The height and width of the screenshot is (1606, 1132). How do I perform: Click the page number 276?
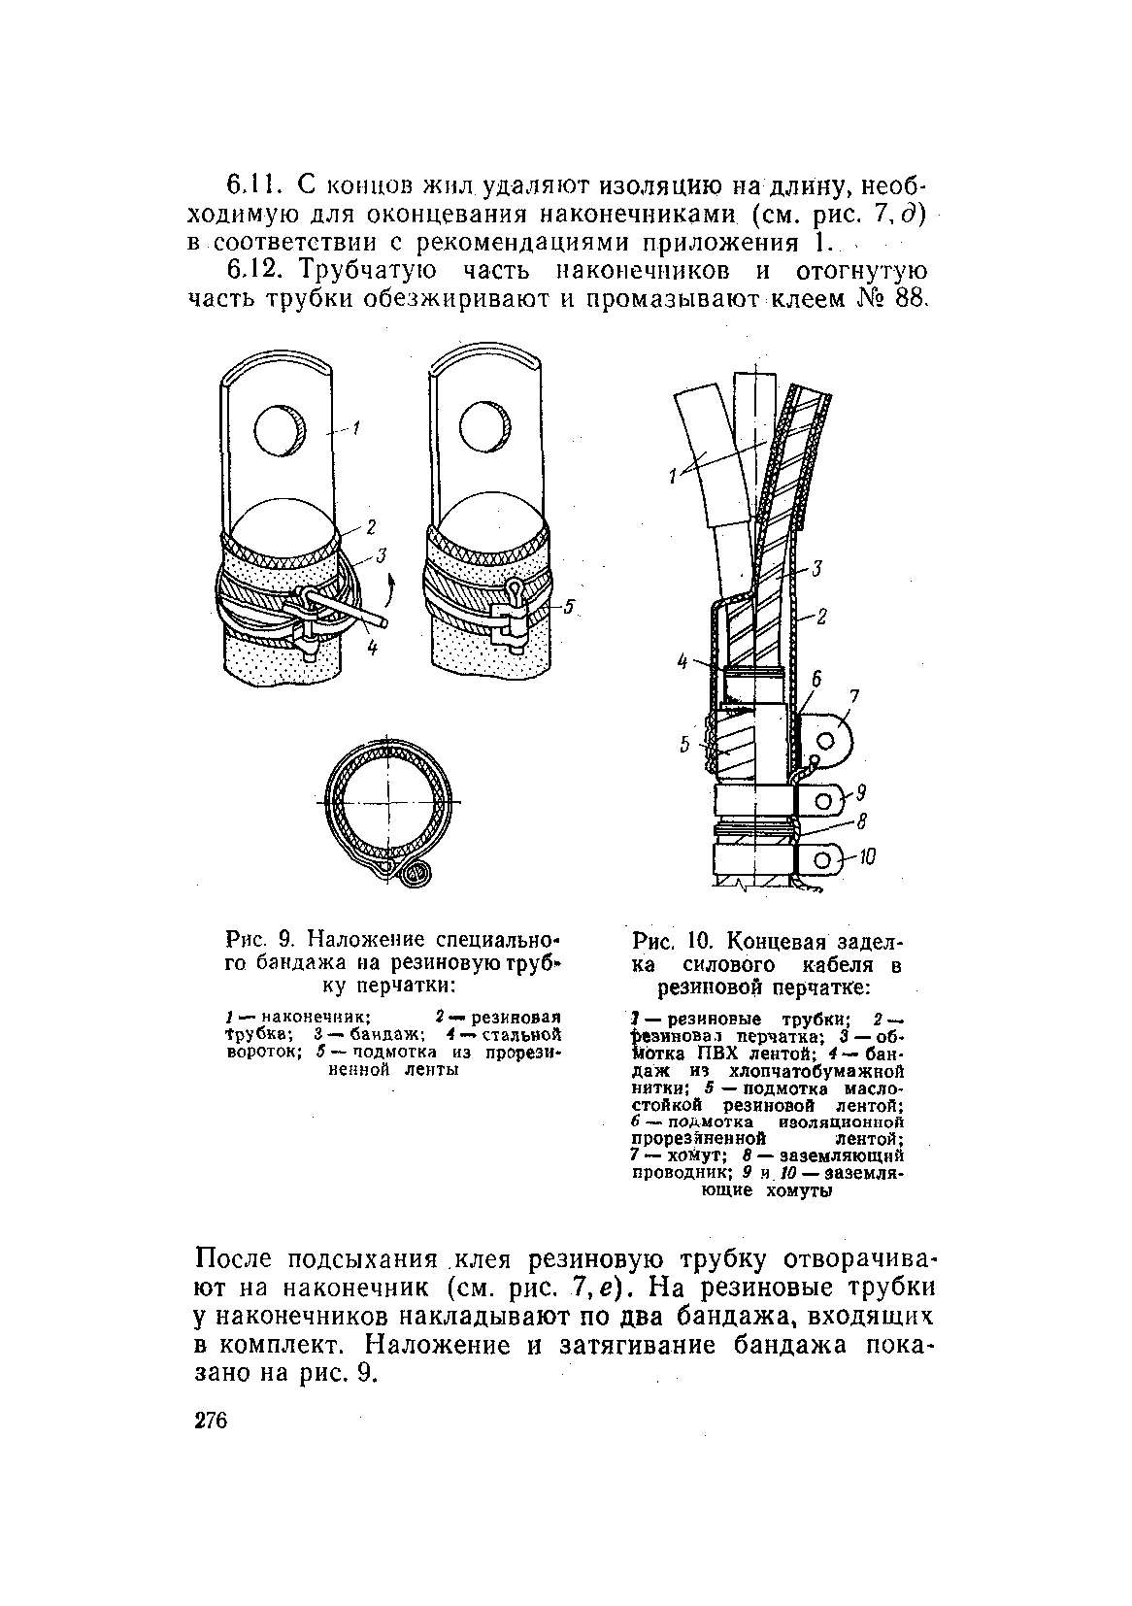coord(210,1422)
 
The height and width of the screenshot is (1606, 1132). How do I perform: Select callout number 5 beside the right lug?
coord(571,608)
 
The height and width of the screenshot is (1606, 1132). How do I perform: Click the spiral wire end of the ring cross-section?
coord(415,874)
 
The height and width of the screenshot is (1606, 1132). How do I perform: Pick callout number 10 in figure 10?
coord(867,856)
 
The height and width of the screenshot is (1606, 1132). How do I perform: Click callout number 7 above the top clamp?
coord(854,696)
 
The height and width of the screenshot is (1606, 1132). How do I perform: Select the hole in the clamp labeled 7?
coord(826,740)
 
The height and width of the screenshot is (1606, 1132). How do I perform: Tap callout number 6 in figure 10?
coord(816,680)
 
